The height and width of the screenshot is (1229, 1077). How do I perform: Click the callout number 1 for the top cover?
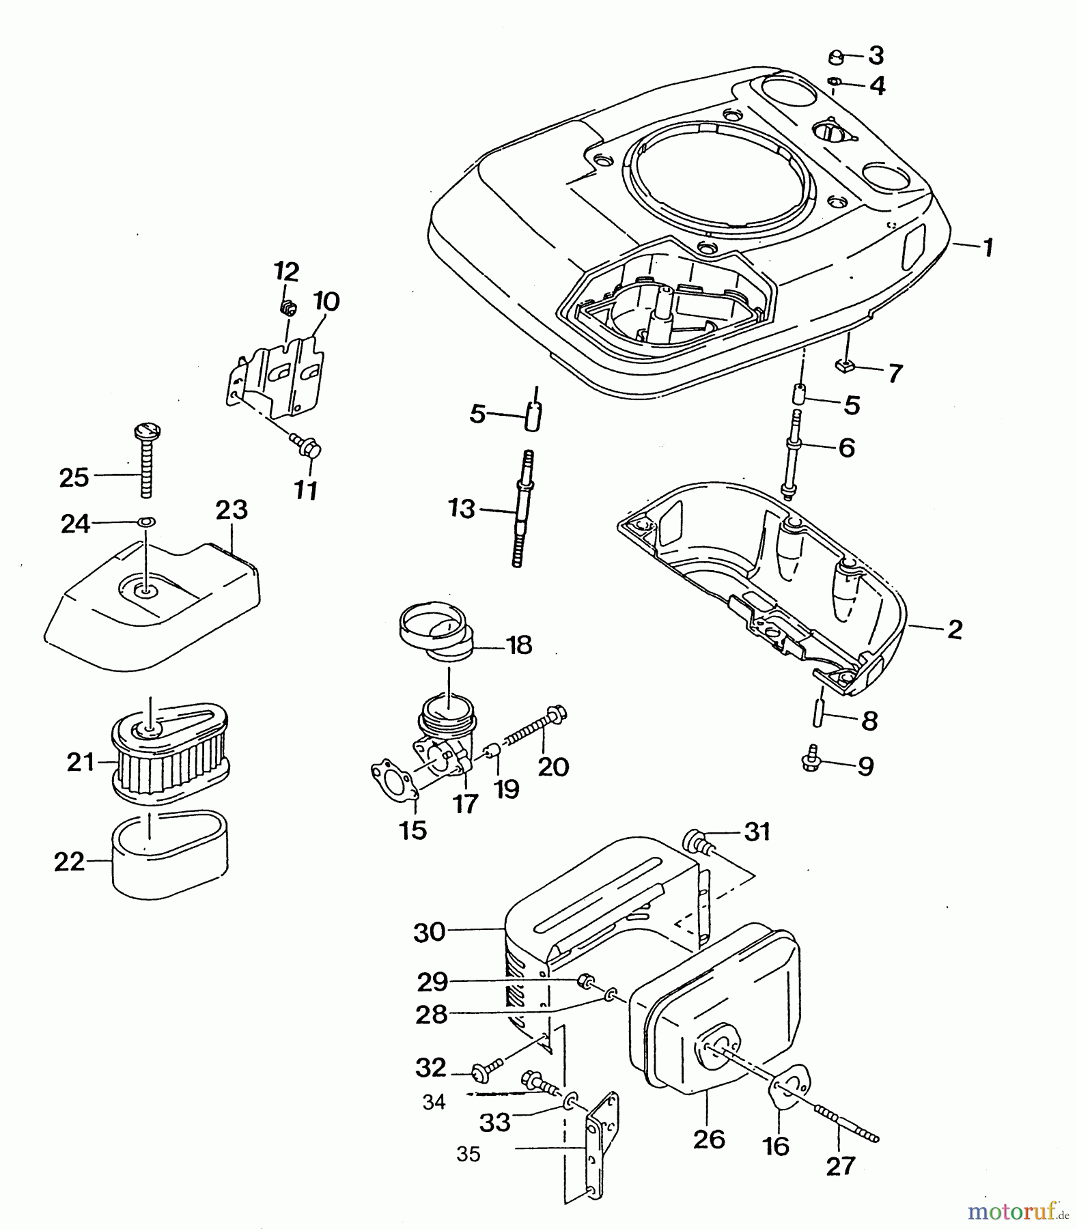pyautogui.click(x=988, y=247)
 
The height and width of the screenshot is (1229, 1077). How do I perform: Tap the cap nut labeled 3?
pyautogui.click(x=836, y=57)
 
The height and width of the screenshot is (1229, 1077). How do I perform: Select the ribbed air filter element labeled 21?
pyautogui.click(x=169, y=759)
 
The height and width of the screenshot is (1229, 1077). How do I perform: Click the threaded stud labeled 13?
pyautogui.click(x=521, y=508)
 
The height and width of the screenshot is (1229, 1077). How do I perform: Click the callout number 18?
pyautogui.click(x=520, y=645)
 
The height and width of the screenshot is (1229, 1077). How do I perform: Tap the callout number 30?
pyautogui.click(x=430, y=932)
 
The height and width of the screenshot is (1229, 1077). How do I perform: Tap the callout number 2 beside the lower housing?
pyautogui.click(x=954, y=629)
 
